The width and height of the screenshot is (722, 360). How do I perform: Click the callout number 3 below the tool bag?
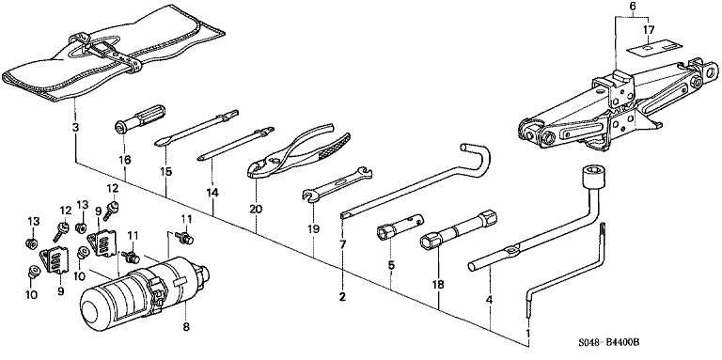point(75,127)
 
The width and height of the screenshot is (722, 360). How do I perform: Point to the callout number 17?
point(649,30)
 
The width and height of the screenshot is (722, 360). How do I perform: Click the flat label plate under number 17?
point(649,49)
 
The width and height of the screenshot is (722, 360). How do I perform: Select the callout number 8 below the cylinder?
point(185,327)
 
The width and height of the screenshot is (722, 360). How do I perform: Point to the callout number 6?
point(632,7)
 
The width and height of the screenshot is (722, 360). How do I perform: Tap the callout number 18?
point(438,285)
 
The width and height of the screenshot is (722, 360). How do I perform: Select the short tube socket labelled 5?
point(400,226)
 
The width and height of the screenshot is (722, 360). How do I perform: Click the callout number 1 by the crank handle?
point(528,333)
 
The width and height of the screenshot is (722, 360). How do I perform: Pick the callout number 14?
point(212,193)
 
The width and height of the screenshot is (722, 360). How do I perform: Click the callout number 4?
point(490,300)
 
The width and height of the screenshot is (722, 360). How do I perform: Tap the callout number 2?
point(342,297)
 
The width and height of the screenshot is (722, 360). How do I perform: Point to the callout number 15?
point(166,172)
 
